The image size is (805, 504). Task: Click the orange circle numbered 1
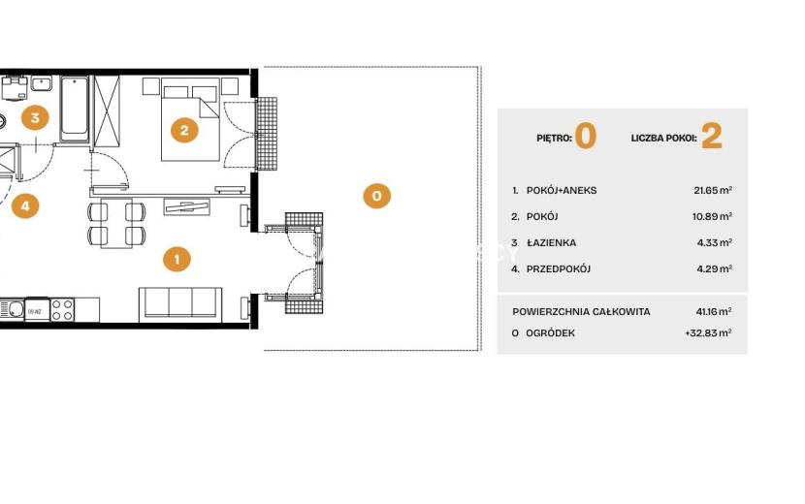click(177, 259)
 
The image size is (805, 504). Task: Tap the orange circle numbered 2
click(184, 131)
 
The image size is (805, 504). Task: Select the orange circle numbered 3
click(35, 117)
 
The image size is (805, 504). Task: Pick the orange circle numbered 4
click(25, 205)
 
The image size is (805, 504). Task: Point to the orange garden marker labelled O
click(377, 196)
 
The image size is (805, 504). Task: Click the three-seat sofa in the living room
click(180, 303)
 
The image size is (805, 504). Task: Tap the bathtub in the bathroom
click(75, 109)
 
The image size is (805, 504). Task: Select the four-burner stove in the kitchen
click(62, 309)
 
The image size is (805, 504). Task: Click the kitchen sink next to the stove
click(12, 309)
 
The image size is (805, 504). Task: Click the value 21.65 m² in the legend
click(713, 190)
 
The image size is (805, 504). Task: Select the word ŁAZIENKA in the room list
click(552, 242)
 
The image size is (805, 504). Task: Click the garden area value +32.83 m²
click(708, 332)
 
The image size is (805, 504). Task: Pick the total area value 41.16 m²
click(714, 311)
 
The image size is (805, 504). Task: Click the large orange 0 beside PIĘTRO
click(586, 136)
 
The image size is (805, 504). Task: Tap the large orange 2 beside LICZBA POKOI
click(712, 136)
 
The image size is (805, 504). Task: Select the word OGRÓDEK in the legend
click(550, 333)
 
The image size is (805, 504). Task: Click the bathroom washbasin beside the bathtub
click(41, 83)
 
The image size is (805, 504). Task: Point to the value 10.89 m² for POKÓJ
click(712, 216)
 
